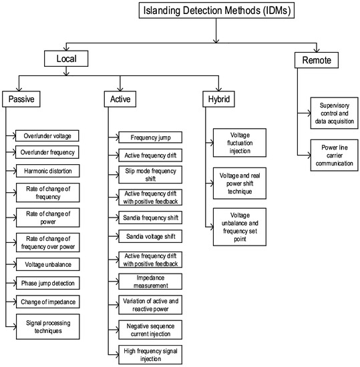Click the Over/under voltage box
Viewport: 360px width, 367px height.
47,135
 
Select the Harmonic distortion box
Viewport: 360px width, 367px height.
47,171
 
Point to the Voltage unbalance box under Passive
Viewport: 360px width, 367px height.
47,265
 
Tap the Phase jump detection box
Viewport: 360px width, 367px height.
47,283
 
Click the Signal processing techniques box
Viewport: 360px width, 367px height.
47,326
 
